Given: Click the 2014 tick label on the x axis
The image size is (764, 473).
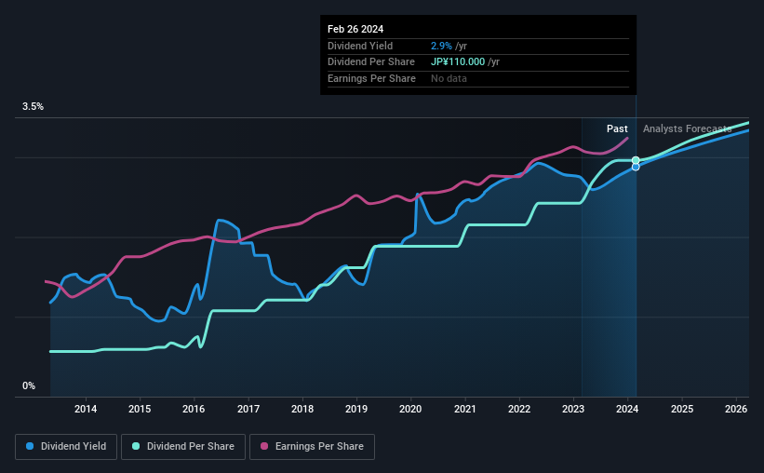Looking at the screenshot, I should pyautogui.click(x=86, y=409).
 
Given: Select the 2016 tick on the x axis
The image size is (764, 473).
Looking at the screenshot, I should pyautogui.click(x=194, y=409).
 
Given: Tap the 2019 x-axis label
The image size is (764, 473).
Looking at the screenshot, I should pyautogui.click(x=356, y=409).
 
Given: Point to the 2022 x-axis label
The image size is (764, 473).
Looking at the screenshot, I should pyautogui.click(x=519, y=409).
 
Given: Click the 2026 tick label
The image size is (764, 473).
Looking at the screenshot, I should pyautogui.click(x=736, y=409).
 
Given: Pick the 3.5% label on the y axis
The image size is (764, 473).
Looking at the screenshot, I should pyautogui.click(x=33, y=107).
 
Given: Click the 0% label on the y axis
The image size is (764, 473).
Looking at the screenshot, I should pyautogui.click(x=29, y=385).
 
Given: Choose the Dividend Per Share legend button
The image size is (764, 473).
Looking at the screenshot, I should pyautogui.click(x=183, y=447).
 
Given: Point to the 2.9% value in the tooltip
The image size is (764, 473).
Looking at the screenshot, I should pyautogui.click(x=441, y=46).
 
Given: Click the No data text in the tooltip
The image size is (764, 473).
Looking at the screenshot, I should pyautogui.click(x=449, y=78).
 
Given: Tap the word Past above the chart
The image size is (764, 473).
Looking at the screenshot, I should pyautogui.click(x=617, y=128).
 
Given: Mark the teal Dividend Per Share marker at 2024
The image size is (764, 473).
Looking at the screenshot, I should pyautogui.click(x=636, y=160).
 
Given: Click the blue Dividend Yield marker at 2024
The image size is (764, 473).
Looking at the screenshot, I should pyautogui.click(x=636, y=168).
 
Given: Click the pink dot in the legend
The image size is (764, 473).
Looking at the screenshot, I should pyautogui.click(x=263, y=447).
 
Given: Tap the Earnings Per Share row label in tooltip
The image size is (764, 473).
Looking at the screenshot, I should pyautogui.click(x=370, y=78).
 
